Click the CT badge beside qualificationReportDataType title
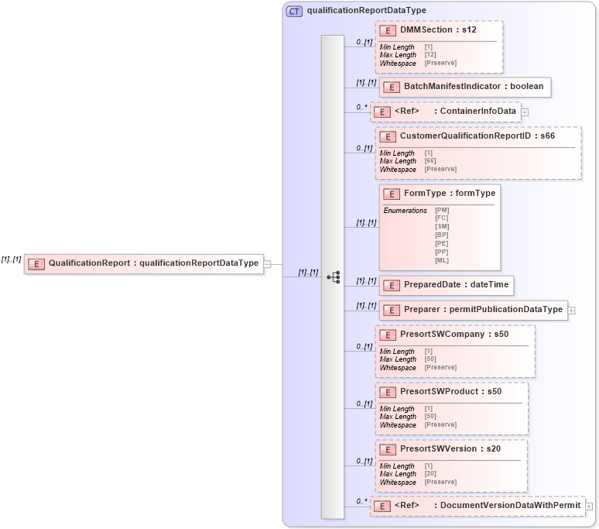[x=295, y=11]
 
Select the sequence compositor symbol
[x=334, y=277]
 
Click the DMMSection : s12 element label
[x=438, y=29]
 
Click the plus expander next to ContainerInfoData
[x=525, y=112]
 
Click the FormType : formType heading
[x=450, y=193]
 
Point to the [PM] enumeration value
[x=442, y=210]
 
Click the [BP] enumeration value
[x=442, y=235]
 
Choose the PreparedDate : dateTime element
[x=456, y=285]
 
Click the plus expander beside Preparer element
[x=572, y=311]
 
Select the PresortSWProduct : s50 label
[x=450, y=392]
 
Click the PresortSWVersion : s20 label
[x=450, y=449]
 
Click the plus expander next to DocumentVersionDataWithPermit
[x=589, y=507]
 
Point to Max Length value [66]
[x=430, y=161]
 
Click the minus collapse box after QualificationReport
[x=267, y=263]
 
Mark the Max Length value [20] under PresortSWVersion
[x=430, y=474]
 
